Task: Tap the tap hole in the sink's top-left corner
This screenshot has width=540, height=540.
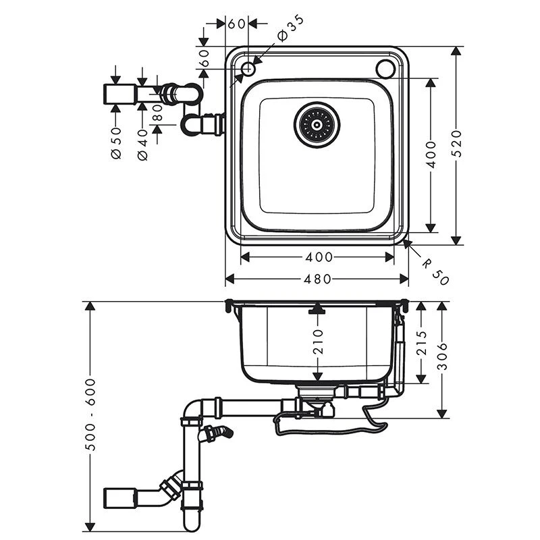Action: (248, 68)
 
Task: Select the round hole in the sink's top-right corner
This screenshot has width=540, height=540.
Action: (387, 68)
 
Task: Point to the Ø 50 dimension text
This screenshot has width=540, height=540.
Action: (115, 143)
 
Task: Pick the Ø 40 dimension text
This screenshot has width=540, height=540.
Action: (142, 144)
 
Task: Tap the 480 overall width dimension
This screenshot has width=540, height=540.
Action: (317, 279)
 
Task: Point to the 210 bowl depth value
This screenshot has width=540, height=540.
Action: (319, 341)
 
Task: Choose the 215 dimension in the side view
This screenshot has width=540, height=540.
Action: (422, 344)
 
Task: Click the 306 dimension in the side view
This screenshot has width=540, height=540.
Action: (443, 356)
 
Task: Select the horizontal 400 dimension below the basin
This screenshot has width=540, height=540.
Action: (319, 256)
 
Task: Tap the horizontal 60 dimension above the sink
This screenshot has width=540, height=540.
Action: (236, 24)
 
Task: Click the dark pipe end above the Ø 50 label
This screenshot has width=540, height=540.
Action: (115, 94)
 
